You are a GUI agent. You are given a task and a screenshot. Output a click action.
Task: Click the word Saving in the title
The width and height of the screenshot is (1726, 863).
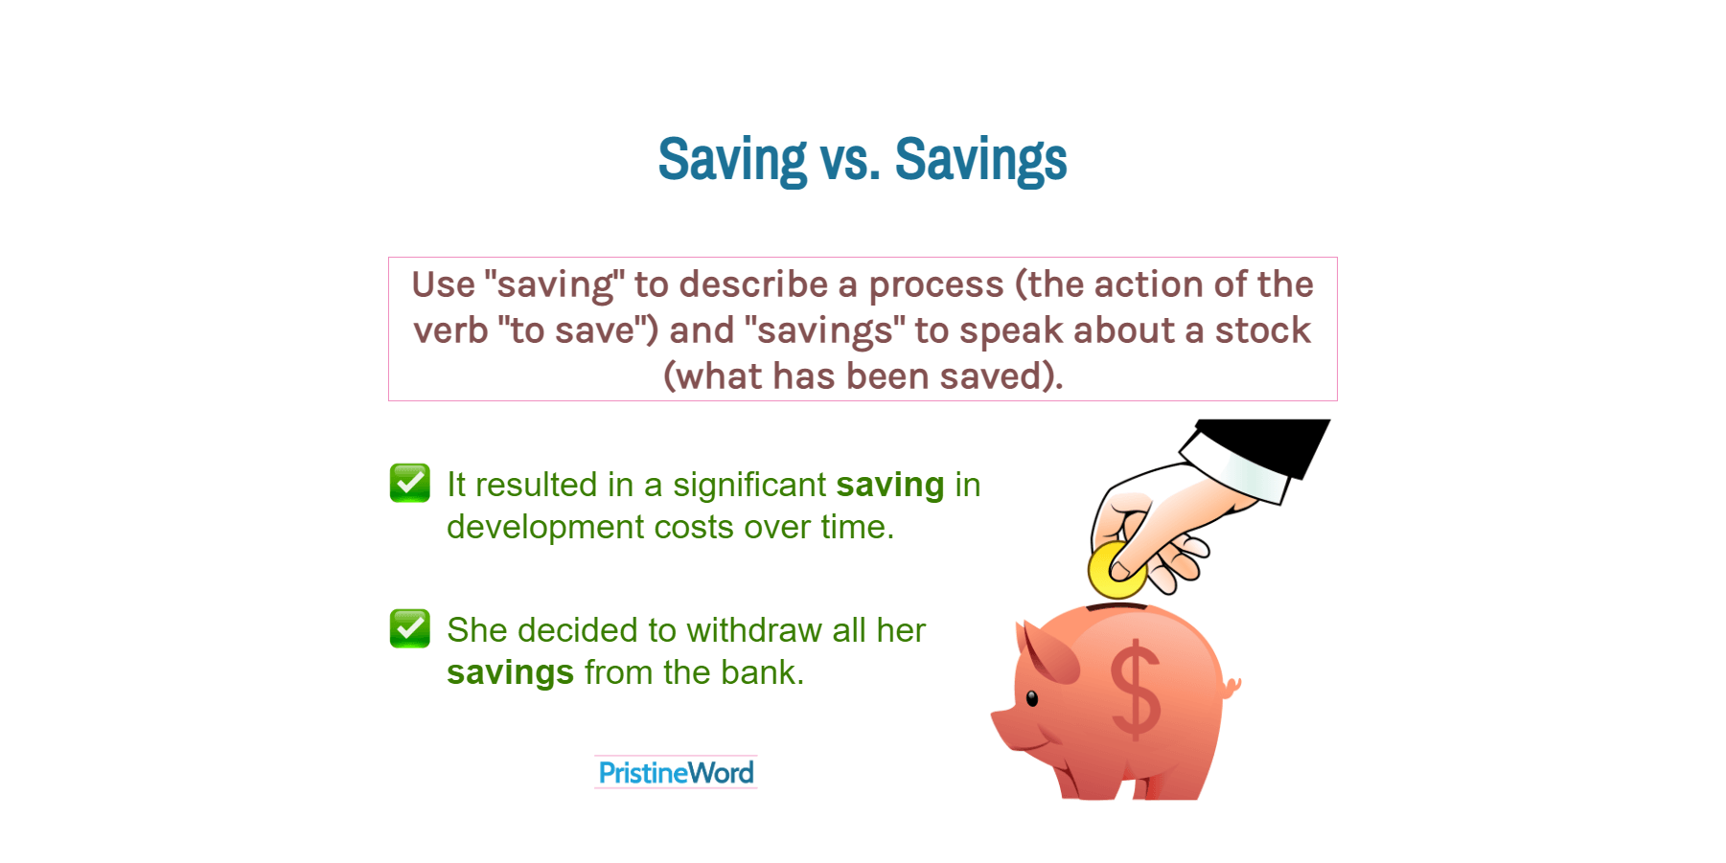(x=732, y=160)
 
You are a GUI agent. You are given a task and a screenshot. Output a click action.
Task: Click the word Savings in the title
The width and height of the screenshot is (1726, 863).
(x=979, y=160)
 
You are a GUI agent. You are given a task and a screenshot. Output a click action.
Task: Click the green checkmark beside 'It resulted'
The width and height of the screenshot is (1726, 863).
(x=410, y=483)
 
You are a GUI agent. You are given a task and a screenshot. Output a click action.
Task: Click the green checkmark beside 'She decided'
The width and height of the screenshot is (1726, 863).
(x=410, y=628)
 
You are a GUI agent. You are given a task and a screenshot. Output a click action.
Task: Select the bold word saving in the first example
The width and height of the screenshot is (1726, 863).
(x=889, y=486)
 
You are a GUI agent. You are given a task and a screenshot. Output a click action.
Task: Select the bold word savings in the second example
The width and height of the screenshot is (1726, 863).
(x=510, y=673)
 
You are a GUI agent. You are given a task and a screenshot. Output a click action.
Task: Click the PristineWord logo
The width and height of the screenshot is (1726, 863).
(x=676, y=772)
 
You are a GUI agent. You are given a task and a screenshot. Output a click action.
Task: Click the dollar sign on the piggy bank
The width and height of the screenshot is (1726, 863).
(x=1136, y=690)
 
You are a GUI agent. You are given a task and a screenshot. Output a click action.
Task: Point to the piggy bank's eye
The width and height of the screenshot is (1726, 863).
(x=1032, y=698)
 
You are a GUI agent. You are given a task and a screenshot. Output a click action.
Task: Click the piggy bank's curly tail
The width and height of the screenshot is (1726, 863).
(x=1231, y=686)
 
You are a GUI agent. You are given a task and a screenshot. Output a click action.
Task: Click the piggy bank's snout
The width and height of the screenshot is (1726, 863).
(x=1002, y=724)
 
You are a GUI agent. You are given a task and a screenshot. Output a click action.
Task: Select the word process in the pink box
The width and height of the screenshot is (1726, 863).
(x=935, y=284)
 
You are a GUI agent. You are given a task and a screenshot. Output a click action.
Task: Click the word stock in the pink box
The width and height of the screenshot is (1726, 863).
(x=1262, y=330)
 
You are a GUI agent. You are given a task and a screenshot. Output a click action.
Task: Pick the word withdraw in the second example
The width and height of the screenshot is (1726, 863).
(x=754, y=630)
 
